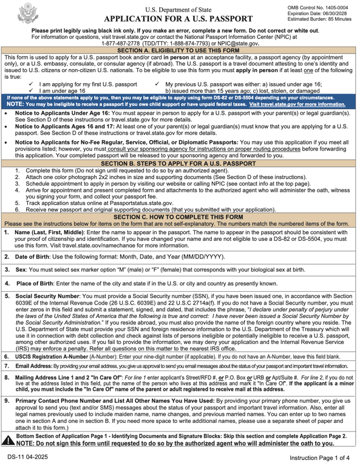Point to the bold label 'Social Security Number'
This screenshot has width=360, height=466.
point(47,296)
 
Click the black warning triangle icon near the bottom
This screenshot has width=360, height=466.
point(7,442)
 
